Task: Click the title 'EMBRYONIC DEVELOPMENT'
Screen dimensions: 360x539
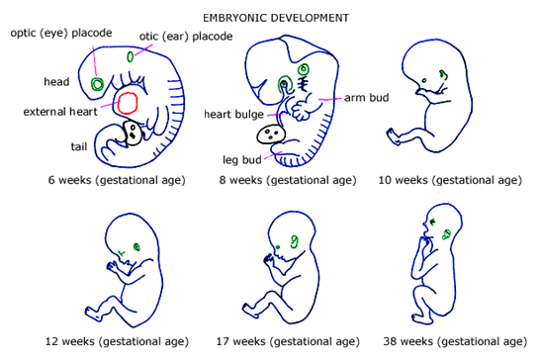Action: pos(268,18)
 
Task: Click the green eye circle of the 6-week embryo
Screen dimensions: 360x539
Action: pos(97,84)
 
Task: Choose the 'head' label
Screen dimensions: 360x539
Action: pos(56,81)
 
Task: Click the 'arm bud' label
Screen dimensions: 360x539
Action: pos(366,98)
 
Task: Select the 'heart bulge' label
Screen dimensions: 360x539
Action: pos(234,114)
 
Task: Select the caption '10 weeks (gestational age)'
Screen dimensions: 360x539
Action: pos(450,181)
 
